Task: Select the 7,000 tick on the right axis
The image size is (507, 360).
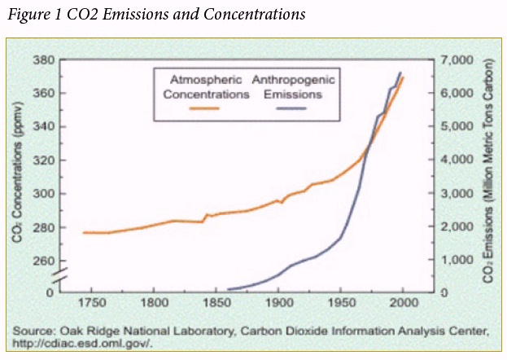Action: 455,60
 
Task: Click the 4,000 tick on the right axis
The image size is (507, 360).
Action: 455,160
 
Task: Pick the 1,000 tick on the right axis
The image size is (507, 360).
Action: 455,260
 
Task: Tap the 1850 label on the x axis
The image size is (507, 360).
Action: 217,304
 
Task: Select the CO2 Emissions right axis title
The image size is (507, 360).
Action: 488,175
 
